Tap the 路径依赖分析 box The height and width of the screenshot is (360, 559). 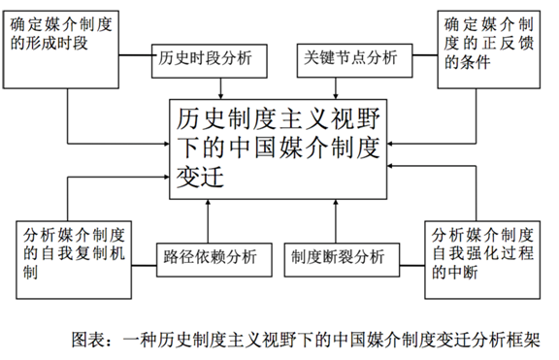click(x=210, y=257)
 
